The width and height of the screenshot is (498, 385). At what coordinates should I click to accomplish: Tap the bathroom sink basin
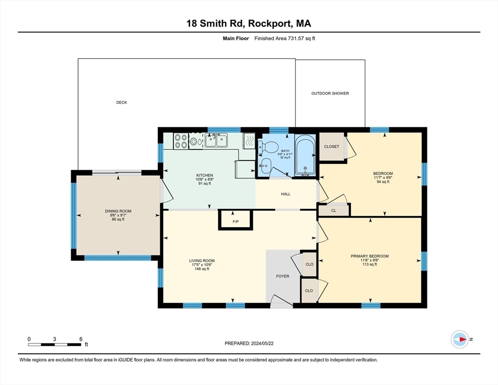point(266,164)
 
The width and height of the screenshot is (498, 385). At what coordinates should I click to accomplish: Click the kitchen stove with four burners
point(181,141)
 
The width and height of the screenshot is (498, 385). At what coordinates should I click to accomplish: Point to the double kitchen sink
point(216,141)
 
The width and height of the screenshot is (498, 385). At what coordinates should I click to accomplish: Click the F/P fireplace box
point(235,220)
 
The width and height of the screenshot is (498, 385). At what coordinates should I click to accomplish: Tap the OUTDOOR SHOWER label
point(330,93)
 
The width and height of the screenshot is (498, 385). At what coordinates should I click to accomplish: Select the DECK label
point(121,102)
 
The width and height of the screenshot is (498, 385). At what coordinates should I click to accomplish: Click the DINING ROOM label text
point(118,211)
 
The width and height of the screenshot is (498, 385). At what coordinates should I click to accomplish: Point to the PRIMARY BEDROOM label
point(370,256)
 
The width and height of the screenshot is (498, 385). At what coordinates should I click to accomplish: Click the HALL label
point(285,194)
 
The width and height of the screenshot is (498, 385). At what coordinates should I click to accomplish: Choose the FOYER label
point(283,276)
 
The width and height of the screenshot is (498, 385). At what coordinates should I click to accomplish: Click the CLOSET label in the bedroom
point(332,147)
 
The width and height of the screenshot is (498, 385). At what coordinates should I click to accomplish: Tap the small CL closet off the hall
point(334,211)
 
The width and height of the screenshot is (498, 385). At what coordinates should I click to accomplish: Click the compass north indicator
point(460,339)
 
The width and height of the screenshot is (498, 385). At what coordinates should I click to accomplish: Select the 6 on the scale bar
point(81,339)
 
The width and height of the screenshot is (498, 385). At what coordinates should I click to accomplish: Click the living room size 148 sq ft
point(201,269)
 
